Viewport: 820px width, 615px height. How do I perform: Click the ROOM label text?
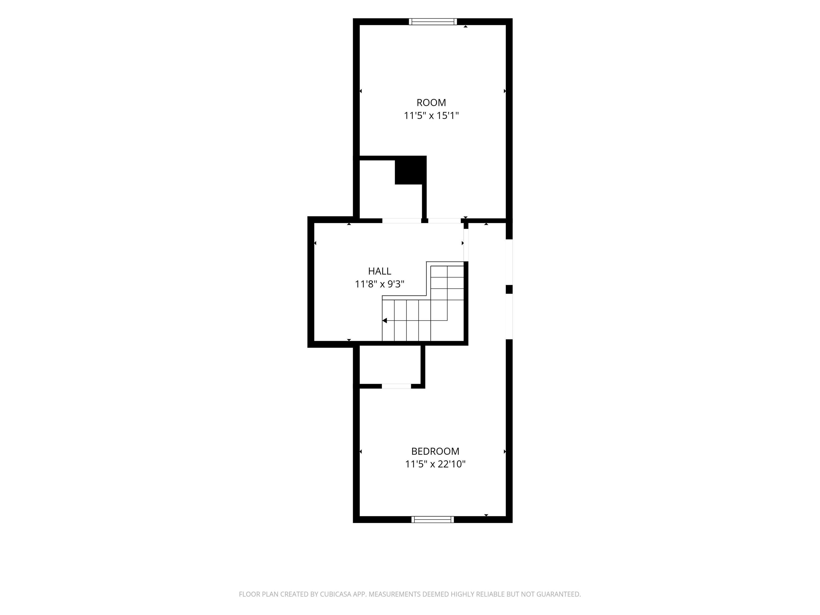pos(431,103)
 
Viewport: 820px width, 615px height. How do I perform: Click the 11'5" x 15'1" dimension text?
pos(431,116)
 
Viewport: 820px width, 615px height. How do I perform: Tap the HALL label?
pos(380,271)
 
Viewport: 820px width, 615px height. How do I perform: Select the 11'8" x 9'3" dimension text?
pos(380,284)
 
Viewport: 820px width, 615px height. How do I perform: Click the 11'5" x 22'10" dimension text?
pos(435,464)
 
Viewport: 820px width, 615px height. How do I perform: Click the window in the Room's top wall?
pos(433,22)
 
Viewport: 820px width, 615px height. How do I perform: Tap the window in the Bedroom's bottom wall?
pos(433,519)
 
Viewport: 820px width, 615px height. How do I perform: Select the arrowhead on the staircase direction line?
pos(384,321)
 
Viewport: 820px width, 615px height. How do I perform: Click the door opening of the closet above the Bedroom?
pos(396,386)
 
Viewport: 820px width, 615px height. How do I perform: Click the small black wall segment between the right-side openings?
pos(509,289)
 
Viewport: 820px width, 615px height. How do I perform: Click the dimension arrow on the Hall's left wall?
pos(315,243)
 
